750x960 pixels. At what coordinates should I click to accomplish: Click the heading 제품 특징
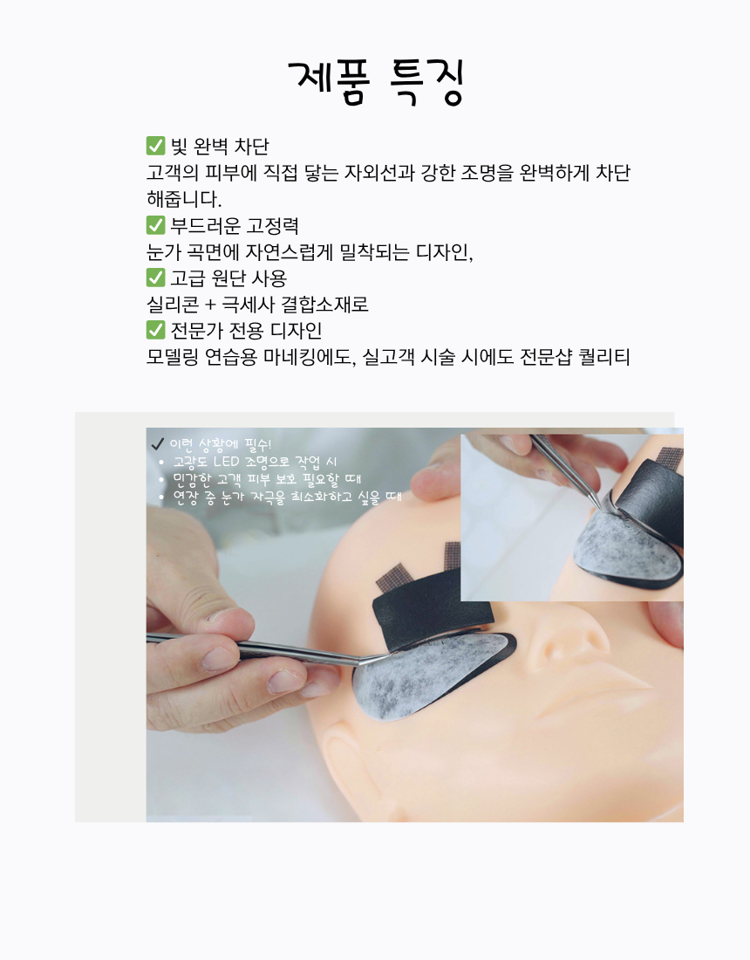coord(376,82)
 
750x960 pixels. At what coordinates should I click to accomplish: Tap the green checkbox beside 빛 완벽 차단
coord(155,146)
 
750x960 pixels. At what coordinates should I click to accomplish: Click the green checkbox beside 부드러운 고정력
coord(155,225)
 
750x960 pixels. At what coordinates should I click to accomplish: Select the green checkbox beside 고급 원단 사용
coord(155,278)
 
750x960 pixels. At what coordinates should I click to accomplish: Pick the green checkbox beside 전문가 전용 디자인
coord(155,331)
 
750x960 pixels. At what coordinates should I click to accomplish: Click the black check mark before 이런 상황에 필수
coord(157,444)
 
